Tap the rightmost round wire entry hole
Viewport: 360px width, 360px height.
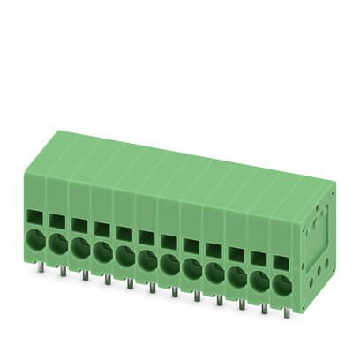(282, 283)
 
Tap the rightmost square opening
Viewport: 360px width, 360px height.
(281, 261)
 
